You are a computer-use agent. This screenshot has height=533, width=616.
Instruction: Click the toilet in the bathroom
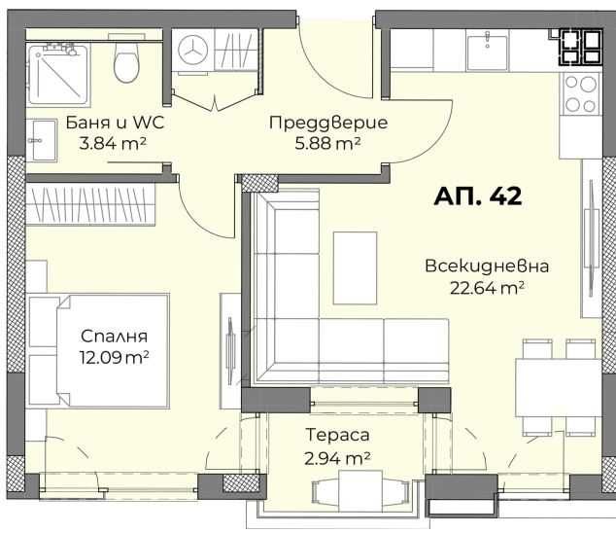click(x=125, y=64)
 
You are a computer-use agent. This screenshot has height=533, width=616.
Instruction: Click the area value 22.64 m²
click(x=488, y=286)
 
